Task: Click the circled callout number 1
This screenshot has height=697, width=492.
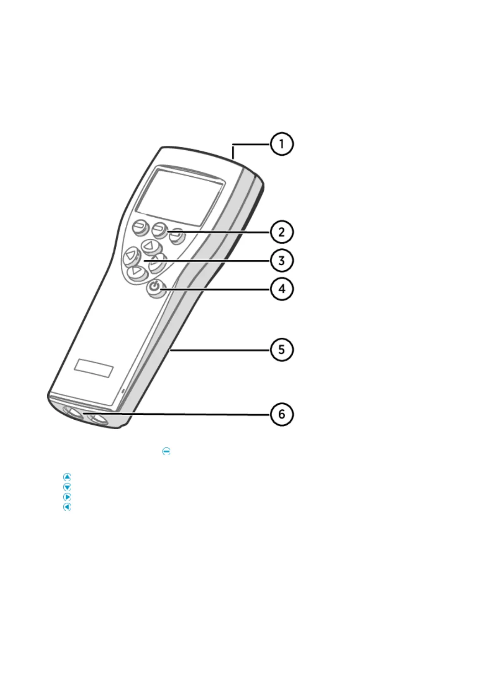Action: point(282,144)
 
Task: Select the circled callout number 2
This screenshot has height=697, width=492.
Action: point(282,232)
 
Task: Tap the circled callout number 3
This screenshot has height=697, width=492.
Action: point(282,261)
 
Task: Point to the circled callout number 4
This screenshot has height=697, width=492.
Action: point(282,289)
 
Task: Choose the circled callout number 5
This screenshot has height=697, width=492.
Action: point(282,350)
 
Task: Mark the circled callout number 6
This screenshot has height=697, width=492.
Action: point(282,414)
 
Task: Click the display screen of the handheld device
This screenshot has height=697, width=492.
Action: point(180,197)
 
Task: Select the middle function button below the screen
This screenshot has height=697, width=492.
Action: point(159,229)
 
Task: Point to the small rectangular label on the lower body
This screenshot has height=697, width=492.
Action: point(94,368)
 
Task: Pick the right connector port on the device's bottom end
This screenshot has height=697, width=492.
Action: point(98,420)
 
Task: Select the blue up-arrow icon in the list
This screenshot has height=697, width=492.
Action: point(67,477)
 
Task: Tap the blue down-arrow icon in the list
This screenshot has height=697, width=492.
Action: point(67,487)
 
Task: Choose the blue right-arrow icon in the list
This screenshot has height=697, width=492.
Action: point(67,497)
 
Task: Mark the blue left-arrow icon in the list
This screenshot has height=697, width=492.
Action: point(67,507)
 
